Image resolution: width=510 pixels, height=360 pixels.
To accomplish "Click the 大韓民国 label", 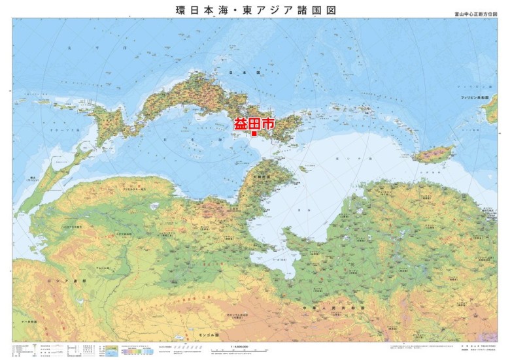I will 257,176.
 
